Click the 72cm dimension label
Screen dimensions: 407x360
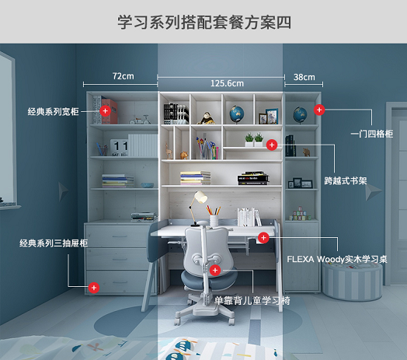[123, 76]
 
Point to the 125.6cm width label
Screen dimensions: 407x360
[227, 83]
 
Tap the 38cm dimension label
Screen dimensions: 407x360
[304, 77]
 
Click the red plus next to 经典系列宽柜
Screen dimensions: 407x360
[105, 111]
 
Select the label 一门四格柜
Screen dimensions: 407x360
[372, 134]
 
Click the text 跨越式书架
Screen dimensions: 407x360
[346, 180]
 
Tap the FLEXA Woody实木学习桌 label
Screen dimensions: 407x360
[337, 259]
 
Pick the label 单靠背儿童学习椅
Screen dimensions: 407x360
[252, 300]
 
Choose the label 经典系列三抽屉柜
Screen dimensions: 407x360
[54, 243]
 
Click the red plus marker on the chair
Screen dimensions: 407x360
[215, 271]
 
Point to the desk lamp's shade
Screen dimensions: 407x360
[201, 197]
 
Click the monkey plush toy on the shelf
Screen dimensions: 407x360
[206, 118]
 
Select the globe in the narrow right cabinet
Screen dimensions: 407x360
[300, 114]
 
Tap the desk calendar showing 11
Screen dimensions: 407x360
[120, 148]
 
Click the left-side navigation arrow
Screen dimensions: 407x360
[63, 191]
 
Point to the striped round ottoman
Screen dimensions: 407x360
[352, 281]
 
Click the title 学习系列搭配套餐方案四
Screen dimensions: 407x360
[204, 22]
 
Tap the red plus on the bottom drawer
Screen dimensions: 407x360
[94, 288]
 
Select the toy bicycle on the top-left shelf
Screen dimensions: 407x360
[140, 120]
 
